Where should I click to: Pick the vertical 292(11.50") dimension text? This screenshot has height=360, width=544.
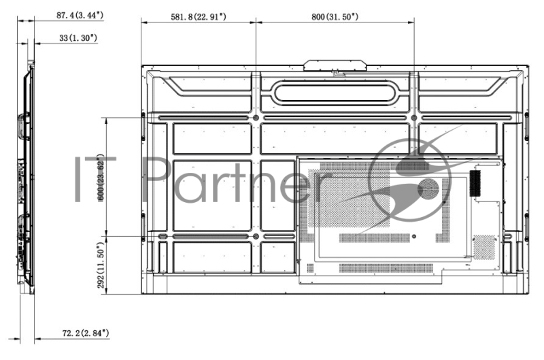click(x=101, y=265)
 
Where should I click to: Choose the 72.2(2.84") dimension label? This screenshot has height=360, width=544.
click(x=80, y=334)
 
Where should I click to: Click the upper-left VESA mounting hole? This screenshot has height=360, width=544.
click(x=256, y=118)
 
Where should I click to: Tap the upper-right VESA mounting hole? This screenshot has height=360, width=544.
click(x=414, y=118)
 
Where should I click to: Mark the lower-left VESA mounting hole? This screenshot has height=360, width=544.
click(x=256, y=236)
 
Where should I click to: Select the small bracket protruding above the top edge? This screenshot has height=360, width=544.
click(x=335, y=65)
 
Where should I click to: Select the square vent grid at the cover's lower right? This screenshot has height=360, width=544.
click(x=484, y=246)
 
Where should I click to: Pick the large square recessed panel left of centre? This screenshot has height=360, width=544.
click(x=212, y=195)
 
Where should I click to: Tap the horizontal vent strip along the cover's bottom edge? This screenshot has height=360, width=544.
click(x=385, y=267)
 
